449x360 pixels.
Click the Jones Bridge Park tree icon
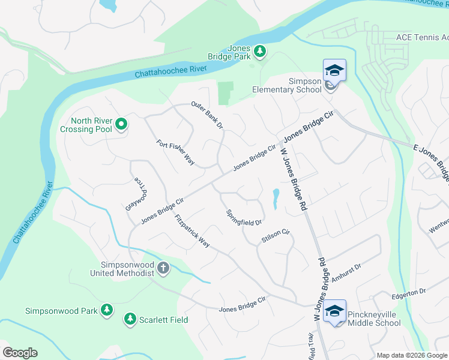(x=260, y=52)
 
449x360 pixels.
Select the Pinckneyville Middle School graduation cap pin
(x=334, y=311)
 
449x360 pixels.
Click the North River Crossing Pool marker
(x=121, y=125)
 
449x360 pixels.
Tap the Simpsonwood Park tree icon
(x=106, y=310)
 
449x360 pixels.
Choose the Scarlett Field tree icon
(x=130, y=319)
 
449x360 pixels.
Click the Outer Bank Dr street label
(x=207, y=115)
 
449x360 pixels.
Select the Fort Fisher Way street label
(x=176, y=152)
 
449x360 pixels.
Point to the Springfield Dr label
(x=244, y=218)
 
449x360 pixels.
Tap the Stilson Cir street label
(x=276, y=236)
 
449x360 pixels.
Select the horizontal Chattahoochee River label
(x=170, y=71)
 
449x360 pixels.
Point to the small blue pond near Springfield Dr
(x=275, y=198)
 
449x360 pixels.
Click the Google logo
(x=20, y=353)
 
